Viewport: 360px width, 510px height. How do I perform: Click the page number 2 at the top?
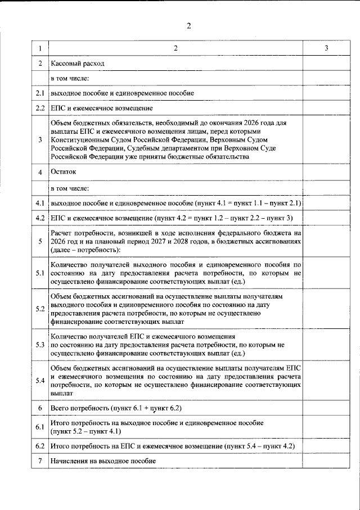[x=188, y=26]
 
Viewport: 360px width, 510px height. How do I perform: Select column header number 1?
[x=40, y=49]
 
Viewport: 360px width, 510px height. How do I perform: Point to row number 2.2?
[x=40, y=107]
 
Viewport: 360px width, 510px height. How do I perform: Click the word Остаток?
[x=63, y=171]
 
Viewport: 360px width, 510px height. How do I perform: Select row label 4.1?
[x=40, y=202]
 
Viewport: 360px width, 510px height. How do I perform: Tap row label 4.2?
[x=40, y=218]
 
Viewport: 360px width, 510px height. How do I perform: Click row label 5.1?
[x=40, y=273]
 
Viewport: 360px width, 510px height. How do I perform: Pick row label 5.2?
[x=40, y=309]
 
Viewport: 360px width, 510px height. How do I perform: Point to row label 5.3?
[x=40, y=344]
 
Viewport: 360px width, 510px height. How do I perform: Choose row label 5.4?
[x=40, y=381]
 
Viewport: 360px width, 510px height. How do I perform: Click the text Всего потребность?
[x=80, y=407]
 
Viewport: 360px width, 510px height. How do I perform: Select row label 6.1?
[x=40, y=427]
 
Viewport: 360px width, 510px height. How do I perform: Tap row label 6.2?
[x=40, y=446]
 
